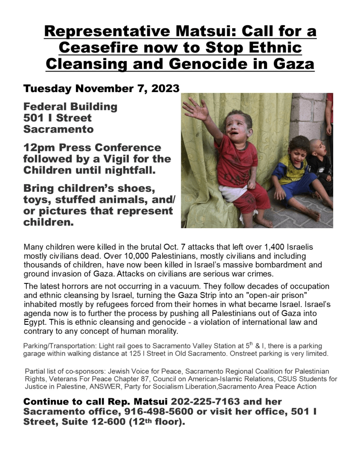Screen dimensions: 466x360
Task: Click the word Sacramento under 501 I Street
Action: [59, 129]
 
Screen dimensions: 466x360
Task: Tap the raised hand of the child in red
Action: [195, 110]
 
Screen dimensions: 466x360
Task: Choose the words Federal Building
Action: [71, 107]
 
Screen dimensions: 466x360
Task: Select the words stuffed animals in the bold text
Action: [91, 200]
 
